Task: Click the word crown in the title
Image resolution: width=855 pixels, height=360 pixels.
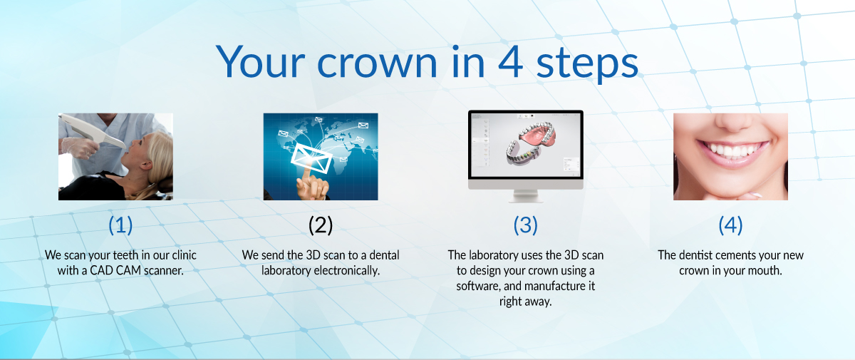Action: coord(377,63)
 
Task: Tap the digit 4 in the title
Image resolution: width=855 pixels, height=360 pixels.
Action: coord(510,61)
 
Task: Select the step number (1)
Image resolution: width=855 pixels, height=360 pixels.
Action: coord(120,225)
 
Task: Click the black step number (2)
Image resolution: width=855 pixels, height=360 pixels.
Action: coord(321,225)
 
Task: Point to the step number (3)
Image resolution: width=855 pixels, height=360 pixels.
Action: coord(526,225)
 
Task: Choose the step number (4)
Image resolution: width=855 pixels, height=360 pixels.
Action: coord(730,225)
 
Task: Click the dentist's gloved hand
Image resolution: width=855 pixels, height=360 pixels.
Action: coord(77,148)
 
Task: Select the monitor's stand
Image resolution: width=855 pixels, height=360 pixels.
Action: coord(526,196)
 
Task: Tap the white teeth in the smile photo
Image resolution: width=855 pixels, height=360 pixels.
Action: coord(731,149)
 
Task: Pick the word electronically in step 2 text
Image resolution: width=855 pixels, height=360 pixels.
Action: coord(346,271)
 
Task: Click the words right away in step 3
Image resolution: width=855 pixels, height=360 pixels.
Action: coord(526,302)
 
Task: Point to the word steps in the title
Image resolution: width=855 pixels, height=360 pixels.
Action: coord(587,63)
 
